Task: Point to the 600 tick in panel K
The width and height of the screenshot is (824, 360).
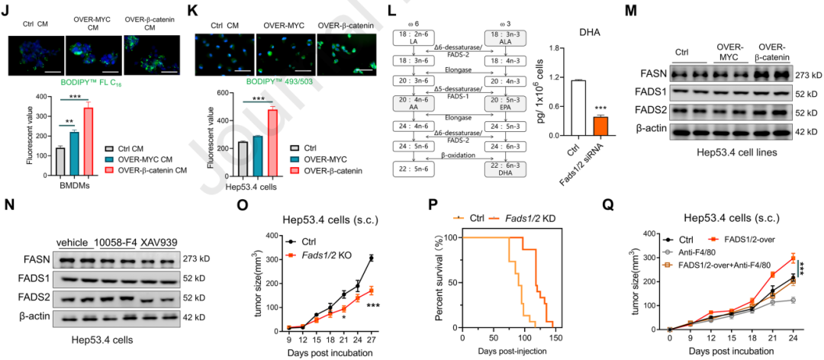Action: [x=205, y=95]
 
